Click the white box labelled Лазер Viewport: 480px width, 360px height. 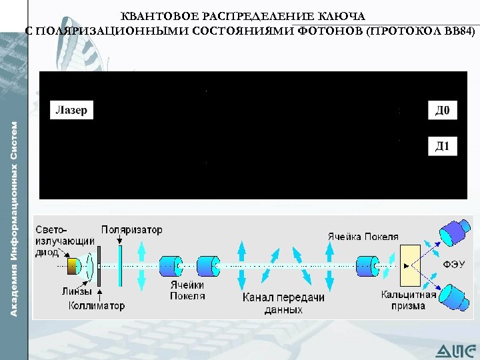pyautogui.click(x=72, y=111)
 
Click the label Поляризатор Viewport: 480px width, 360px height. pyautogui.click(x=132, y=230)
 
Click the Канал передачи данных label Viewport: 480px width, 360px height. pyautogui.click(x=283, y=303)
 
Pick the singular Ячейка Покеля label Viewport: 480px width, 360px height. pyautogui.click(x=363, y=236)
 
